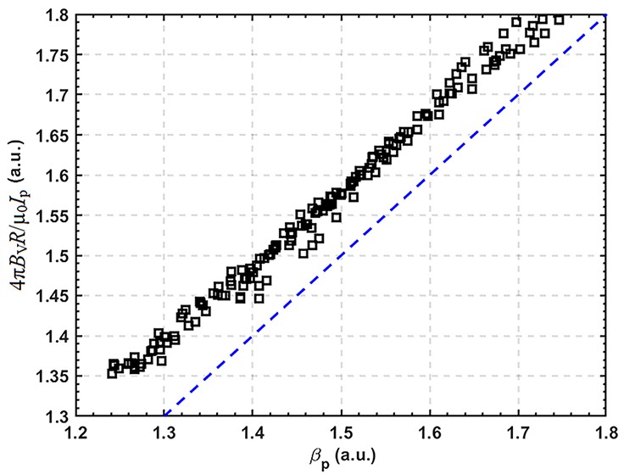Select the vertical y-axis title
click(x=14, y=215)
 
